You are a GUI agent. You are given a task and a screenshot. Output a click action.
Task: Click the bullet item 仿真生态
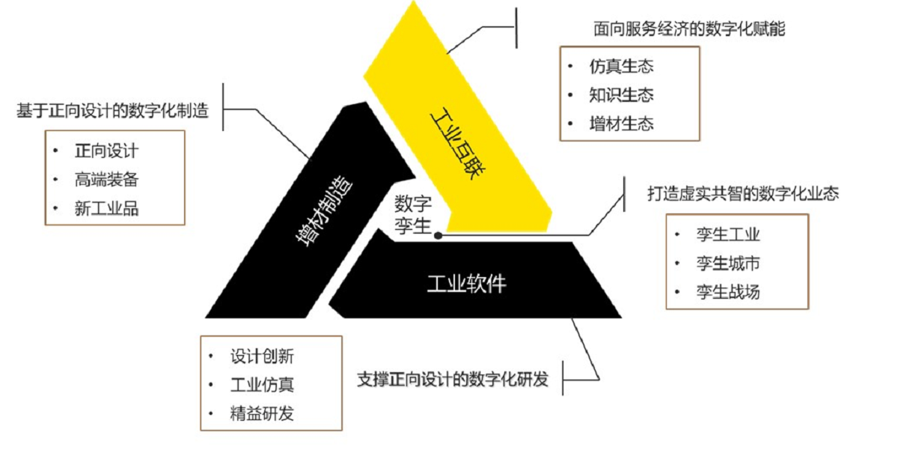point(621,66)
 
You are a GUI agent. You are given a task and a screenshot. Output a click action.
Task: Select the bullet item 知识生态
point(621,95)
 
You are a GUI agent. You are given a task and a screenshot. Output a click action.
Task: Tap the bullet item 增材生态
point(621,124)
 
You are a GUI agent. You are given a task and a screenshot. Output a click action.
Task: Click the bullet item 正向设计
point(106,151)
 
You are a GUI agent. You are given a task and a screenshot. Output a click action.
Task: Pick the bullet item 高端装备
point(106,180)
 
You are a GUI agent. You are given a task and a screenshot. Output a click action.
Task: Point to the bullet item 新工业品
point(106,208)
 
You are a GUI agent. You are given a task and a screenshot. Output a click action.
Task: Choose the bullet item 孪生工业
point(728,234)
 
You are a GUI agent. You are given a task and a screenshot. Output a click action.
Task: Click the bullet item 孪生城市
point(728,264)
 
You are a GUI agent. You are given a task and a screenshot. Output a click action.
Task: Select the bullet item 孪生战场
point(728,292)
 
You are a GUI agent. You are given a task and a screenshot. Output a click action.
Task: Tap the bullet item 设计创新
point(262,356)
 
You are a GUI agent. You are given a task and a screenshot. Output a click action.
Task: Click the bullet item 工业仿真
point(262,385)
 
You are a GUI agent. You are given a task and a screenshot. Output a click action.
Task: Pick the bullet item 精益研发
point(262,414)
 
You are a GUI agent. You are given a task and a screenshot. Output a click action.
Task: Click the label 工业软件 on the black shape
point(467,284)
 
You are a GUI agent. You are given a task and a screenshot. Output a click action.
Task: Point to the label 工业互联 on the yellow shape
point(458,144)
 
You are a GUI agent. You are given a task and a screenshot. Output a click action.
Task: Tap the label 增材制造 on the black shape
point(325,210)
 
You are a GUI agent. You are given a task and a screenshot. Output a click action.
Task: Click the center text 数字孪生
point(413,216)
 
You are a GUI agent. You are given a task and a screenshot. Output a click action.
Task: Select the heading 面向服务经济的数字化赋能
point(689,29)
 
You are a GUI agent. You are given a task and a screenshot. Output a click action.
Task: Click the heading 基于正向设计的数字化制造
point(113,111)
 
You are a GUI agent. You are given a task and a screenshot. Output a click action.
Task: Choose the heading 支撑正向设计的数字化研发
point(453,380)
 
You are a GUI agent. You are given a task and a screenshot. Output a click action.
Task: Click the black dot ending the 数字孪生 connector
point(439,236)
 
